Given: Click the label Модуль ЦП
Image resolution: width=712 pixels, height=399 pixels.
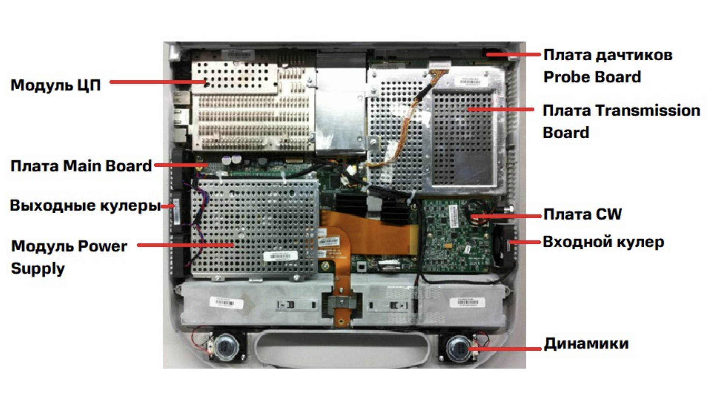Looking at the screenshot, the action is (56, 85).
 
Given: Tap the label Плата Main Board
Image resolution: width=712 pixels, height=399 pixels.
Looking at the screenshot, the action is (81, 166).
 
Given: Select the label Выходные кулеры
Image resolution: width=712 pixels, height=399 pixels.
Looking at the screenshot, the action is (85, 206).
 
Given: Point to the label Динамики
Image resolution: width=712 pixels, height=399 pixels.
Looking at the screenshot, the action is (586, 344).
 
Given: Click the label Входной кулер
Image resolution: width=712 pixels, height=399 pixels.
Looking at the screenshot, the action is (603, 242).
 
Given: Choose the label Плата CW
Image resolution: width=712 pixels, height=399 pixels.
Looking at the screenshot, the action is (583, 214).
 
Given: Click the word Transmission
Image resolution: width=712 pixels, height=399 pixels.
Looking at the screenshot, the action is (648, 111).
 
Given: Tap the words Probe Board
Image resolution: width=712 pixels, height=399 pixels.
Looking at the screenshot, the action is (592, 77).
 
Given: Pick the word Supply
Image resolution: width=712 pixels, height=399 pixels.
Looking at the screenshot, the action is (38, 269).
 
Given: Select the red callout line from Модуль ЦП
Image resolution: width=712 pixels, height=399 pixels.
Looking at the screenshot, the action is (158, 82).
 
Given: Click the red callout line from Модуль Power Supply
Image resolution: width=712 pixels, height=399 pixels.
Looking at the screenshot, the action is (185, 245).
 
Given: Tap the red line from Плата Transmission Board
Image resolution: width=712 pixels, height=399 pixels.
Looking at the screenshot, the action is (501, 110).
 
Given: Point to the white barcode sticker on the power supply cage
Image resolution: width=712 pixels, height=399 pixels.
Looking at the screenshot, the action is (280, 256).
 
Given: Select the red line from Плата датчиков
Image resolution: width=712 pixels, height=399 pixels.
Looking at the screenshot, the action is (513, 54).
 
